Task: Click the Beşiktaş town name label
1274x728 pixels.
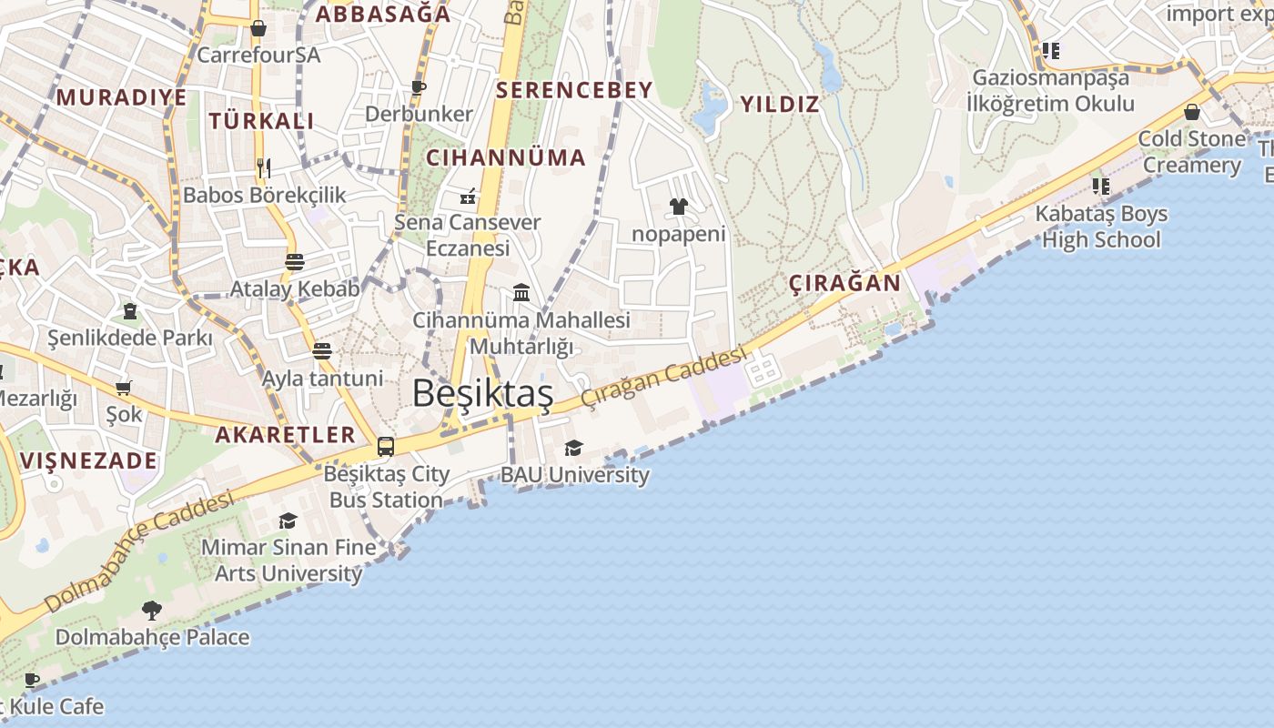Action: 482,393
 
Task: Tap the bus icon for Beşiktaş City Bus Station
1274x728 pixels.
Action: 386,446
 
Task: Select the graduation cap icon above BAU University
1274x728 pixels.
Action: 573,448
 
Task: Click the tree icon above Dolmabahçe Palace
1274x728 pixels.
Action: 152,610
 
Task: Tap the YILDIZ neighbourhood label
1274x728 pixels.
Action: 780,105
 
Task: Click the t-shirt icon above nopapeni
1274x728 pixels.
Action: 679,207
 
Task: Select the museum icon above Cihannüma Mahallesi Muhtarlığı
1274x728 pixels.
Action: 521,292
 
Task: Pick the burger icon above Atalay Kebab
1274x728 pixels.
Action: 294,262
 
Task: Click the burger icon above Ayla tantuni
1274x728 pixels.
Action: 322,350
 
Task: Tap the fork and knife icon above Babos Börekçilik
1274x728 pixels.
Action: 264,167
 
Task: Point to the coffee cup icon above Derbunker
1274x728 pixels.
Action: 419,87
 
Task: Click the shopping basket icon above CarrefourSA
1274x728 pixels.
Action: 258,28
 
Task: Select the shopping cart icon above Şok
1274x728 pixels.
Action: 124,388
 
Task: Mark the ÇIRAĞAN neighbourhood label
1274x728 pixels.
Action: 844,283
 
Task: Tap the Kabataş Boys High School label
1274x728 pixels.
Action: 1101,227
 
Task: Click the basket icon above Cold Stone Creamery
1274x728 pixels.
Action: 1192,112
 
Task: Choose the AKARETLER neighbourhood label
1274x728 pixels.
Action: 285,434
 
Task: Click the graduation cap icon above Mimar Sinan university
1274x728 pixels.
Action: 288,521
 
